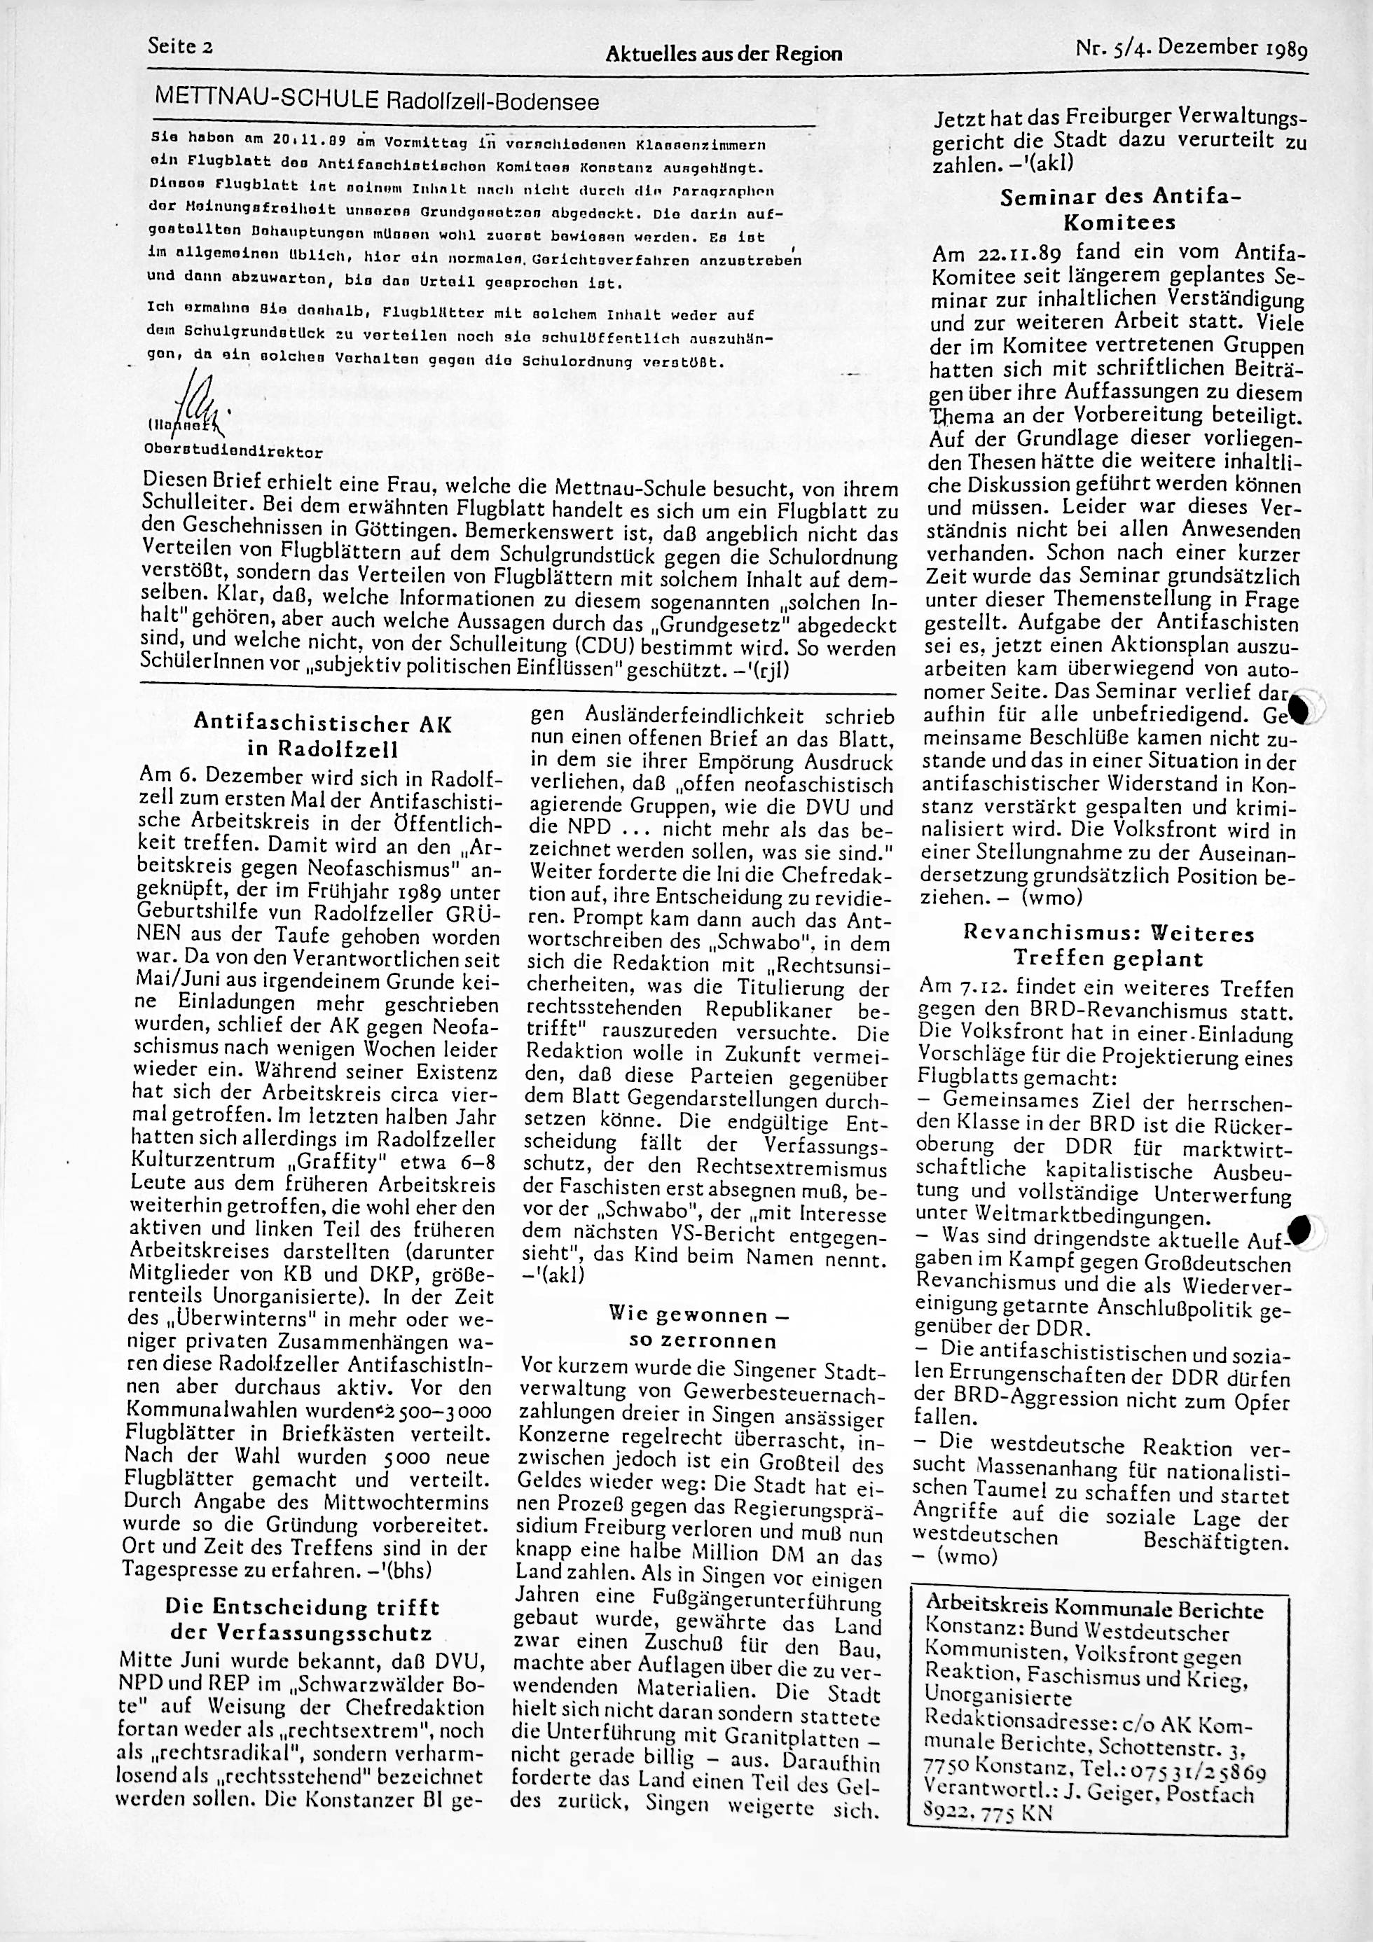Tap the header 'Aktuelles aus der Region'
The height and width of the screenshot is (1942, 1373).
tap(724, 54)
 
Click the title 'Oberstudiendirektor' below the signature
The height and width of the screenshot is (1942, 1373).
tap(233, 452)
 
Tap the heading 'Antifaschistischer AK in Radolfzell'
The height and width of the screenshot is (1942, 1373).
tap(323, 736)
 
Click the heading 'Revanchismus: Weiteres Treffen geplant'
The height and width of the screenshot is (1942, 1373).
tap(1108, 945)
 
